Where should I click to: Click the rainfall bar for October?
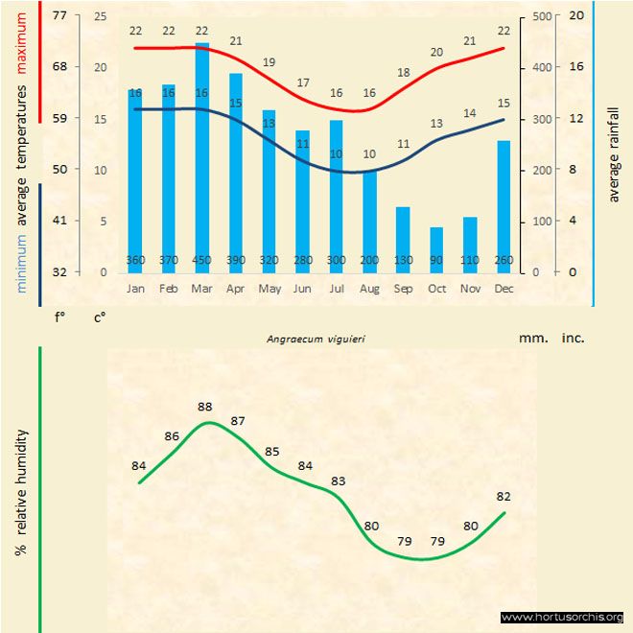[x=436, y=249]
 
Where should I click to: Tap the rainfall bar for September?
[x=403, y=239]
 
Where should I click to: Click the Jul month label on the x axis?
[x=336, y=288]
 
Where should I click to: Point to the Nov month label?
[x=470, y=288]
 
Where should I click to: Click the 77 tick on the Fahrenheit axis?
[x=60, y=15]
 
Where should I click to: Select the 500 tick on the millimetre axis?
[x=542, y=15]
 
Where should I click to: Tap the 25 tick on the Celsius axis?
[x=100, y=15]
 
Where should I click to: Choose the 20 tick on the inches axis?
[x=575, y=15]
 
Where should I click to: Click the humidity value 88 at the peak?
[x=204, y=407]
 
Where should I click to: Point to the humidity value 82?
[x=503, y=497]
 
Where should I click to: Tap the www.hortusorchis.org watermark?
[x=562, y=617]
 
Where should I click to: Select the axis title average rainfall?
[x=615, y=153]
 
